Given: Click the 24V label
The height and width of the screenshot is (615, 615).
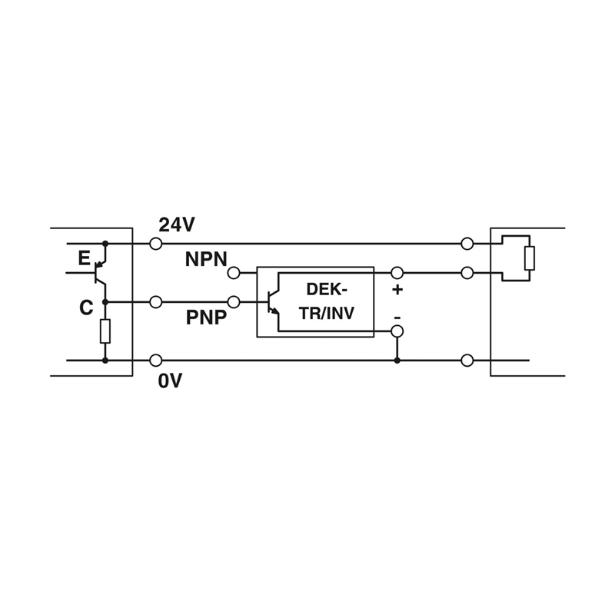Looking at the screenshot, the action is (x=177, y=225).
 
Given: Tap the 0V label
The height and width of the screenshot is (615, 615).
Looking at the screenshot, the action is (x=170, y=381).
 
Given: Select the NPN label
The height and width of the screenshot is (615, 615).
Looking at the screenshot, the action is (x=206, y=259).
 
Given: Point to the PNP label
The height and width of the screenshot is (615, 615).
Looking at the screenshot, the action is (x=206, y=317).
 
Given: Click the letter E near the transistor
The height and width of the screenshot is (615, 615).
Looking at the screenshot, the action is (x=84, y=258).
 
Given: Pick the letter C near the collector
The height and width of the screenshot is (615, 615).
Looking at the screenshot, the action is (x=86, y=308).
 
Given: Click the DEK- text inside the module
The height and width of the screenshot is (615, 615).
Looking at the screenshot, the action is (x=327, y=290).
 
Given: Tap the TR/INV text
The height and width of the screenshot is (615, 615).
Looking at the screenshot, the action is (x=327, y=313).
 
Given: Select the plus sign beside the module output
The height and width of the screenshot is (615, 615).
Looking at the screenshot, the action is (x=397, y=290).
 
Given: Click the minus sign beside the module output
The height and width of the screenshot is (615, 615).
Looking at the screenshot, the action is (x=397, y=316).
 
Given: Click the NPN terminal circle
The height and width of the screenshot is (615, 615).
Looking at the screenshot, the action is (x=234, y=273).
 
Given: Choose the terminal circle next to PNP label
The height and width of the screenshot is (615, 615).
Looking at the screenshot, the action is (x=234, y=302).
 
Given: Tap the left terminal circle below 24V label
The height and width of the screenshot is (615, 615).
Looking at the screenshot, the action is (x=156, y=244).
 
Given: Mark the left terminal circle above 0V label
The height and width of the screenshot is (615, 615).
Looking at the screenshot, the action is (x=156, y=360).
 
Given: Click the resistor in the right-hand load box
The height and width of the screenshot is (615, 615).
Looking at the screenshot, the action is (x=530, y=258).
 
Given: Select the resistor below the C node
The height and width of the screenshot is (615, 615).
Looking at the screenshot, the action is (x=105, y=331).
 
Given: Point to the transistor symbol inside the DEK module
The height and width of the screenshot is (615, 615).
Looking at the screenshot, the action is (x=273, y=302).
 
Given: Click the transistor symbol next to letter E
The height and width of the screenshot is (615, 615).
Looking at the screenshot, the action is (x=100, y=273).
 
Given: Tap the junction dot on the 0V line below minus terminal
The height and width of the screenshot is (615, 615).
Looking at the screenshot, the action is (x=397, y=360).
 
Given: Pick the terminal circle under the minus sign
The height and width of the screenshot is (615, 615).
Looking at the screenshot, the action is (x=397, y=331).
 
